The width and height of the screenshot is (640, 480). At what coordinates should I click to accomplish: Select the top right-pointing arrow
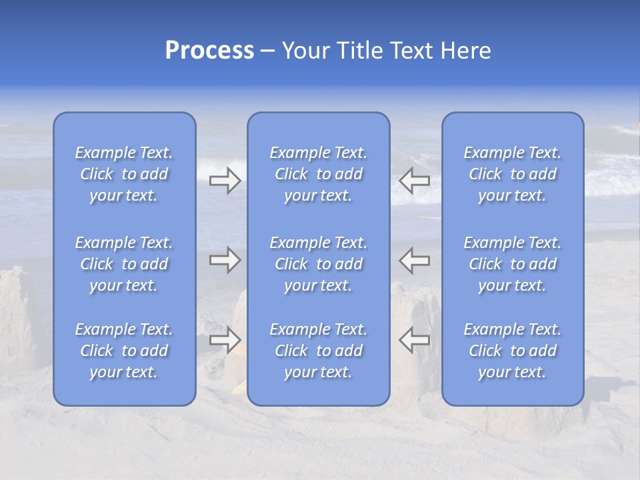pos(225,180)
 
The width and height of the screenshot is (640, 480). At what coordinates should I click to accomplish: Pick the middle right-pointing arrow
pos(225,260)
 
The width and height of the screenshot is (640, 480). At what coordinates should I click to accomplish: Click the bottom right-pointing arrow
pos(225,339)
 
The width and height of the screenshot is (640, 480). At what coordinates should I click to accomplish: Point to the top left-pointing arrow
pos(415,180)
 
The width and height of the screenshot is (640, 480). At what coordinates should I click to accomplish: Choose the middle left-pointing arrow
pos(415,260)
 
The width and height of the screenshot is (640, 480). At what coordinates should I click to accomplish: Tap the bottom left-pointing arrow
pos(415,339)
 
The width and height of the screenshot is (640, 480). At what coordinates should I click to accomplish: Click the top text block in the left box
pos(124,174)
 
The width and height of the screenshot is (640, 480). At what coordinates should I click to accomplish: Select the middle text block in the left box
pos(124,264)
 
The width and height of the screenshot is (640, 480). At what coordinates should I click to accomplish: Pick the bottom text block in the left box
pos(124,351)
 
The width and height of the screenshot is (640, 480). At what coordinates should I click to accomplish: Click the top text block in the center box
pos(319,174)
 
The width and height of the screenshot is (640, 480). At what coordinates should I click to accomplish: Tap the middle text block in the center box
pos(319,264)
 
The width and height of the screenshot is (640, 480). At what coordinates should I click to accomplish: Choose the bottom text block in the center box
pos(319,351)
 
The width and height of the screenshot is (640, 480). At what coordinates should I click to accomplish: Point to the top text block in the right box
pos(513,174)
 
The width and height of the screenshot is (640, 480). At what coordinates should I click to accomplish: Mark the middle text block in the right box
pos(513,264)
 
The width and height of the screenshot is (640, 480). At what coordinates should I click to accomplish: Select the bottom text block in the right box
pos(513,351)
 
